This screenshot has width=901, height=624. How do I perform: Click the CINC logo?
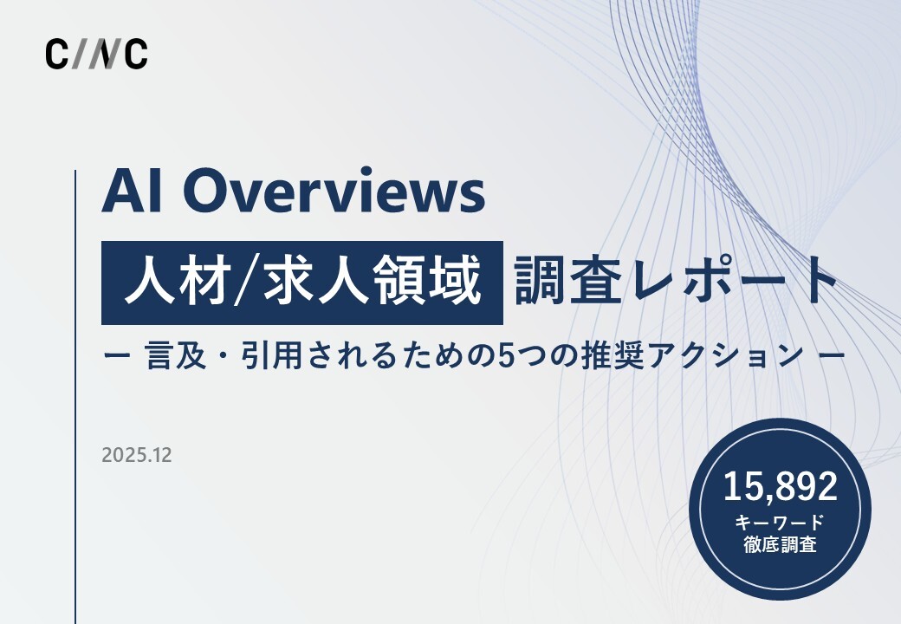point(96,54)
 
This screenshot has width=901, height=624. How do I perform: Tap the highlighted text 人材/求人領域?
point(302,283)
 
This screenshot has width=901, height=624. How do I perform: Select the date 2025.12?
point(136,455)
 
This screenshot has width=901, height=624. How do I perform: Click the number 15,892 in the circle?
point(781,487)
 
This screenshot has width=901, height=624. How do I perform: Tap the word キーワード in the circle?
point(781,523)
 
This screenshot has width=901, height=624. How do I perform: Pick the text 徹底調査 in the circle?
point(781,546)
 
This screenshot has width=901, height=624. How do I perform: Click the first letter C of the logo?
point(56,54)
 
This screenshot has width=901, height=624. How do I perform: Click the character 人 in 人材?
point(144,283)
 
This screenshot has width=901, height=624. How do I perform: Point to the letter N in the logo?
point(105,54)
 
